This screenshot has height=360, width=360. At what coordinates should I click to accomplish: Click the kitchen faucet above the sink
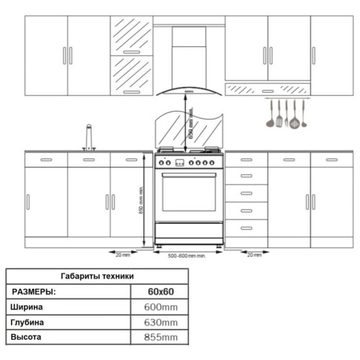click(89, 138)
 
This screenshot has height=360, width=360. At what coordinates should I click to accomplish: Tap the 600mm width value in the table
click(161, 307)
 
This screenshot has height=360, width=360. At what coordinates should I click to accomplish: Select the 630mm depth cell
click(161, 323)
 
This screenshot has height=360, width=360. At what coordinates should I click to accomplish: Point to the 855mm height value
click(161, 337)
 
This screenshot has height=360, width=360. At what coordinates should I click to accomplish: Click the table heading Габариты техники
click(97, 276)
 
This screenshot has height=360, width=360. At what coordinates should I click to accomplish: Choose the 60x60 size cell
click(161, 292)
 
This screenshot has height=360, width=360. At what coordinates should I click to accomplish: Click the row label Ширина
click(27, 307)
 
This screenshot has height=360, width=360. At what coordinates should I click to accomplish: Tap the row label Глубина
click(27, 323)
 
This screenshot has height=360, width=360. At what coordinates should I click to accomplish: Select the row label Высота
click(26, 337)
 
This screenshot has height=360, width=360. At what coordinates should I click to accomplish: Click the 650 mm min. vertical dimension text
click(191, 123)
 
